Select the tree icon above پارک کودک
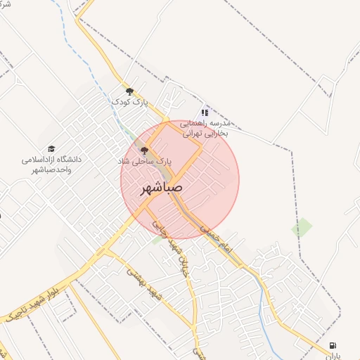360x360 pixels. point(129,91)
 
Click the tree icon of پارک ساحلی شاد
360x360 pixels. point(144,150)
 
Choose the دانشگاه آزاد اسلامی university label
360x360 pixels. point(51,164)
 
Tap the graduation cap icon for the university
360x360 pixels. point(51,149)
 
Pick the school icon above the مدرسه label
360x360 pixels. point(205,112)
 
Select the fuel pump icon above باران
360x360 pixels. point(333,345)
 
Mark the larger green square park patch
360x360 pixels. point(302,227)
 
